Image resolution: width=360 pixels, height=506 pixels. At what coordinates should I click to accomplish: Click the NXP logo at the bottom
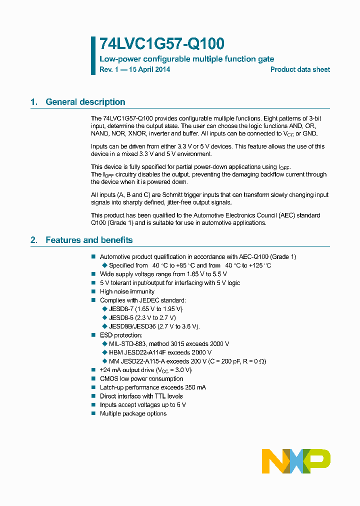click(x=296, y=461)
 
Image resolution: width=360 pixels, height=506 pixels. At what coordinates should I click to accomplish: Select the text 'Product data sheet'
click(x=300, y=69)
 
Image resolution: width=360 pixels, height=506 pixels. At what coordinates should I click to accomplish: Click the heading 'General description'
click(x=85, y=102)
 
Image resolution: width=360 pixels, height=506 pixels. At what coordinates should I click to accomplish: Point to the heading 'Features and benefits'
click(x=89, y=240)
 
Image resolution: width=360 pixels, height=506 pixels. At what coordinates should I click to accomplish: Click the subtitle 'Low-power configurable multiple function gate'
click(x=186, y=59)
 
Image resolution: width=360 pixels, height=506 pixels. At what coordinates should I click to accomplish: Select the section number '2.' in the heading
click(x=34, y=240)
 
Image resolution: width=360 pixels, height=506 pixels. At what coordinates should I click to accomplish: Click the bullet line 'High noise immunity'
click(x=127, y=291)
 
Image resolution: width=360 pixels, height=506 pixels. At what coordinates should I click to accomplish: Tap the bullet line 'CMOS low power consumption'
click(x=141, y=378)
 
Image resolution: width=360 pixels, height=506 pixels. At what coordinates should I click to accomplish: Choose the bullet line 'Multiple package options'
click(x=133, y=413)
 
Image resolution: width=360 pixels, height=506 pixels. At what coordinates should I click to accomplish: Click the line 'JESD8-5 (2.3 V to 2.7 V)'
click(x=142, y=317)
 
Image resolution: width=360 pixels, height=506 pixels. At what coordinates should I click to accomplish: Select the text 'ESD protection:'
click(x=121, y=335)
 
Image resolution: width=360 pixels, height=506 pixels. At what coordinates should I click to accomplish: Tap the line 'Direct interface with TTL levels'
click(x=141, y=396)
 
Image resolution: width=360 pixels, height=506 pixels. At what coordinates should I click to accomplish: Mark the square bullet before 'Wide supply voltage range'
click(x=93, y=274)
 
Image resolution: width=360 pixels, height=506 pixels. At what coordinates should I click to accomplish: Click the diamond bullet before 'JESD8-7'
click(x=104, y=309)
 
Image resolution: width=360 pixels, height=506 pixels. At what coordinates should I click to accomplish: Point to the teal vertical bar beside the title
click(x=93, y=55)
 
